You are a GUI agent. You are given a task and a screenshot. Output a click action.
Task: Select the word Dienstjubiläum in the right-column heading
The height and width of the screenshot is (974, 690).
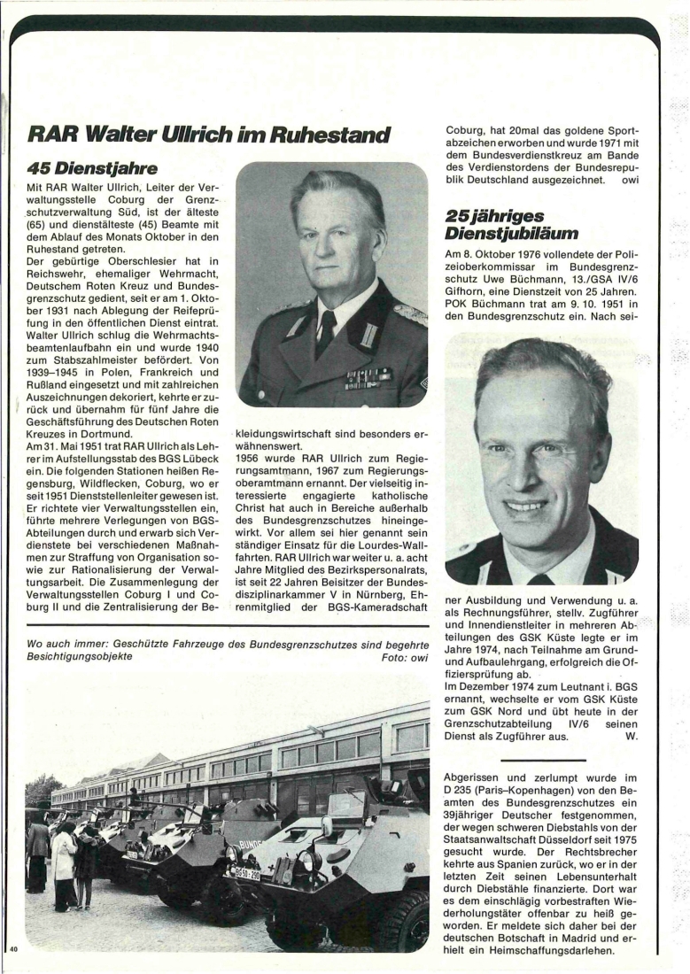coord(507,234)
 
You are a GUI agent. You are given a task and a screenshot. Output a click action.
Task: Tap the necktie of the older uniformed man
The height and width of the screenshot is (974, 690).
coord(326,334)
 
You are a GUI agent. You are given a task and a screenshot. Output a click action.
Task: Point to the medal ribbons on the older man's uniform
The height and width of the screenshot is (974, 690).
coord(368,379)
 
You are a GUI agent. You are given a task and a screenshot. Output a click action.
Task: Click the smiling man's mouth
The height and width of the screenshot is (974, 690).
coord(525,506)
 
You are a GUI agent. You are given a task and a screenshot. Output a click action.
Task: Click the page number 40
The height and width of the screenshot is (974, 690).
coord(14,948)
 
